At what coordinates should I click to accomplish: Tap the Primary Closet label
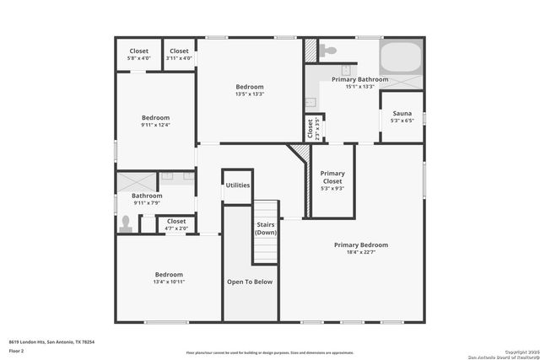click(x=332, y=177)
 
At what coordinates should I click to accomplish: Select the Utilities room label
click(x=238, y=185)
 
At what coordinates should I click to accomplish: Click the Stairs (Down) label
click(x=266, y=228)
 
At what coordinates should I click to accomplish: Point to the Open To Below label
click(x=250, y=282)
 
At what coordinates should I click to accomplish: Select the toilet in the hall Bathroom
click(x=127, y=223)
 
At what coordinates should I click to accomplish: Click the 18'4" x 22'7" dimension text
click(x=360, y=252)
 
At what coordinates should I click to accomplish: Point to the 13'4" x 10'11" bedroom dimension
click(x=169, y=282)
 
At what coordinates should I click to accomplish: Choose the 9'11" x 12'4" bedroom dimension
click(x=155, y=125)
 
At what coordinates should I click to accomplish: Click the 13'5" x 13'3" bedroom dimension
click(x=250, y=94)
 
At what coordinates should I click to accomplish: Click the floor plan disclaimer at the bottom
click(x=270, y=352)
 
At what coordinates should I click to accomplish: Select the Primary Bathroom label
click(x=360, y=79)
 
